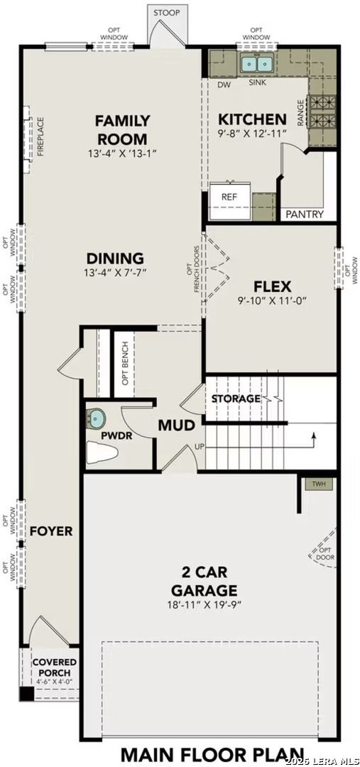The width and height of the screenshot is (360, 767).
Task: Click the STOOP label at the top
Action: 167,12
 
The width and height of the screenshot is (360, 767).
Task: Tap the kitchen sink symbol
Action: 257,65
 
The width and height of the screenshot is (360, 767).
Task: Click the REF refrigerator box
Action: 229,197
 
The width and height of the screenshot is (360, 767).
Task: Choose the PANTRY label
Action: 305,214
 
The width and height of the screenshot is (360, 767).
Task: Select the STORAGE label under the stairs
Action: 235,398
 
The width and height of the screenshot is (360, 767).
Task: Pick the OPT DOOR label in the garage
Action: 325,554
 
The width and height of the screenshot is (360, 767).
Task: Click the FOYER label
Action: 50,531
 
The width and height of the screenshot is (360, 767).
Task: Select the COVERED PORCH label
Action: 55,667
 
